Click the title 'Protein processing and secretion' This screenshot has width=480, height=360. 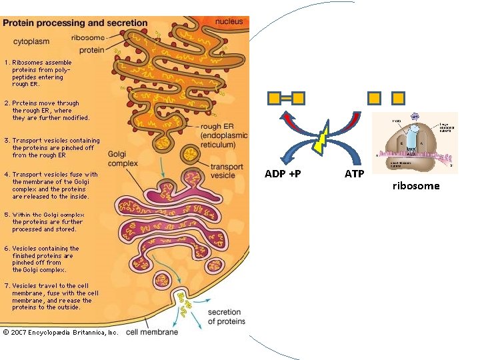75,23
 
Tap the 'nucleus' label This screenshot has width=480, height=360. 229,21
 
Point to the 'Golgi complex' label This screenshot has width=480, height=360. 122,159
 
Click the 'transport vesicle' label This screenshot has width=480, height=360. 227,171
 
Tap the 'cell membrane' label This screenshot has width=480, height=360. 152,332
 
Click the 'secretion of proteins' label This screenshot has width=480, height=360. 226,317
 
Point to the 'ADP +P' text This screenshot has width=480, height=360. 282,174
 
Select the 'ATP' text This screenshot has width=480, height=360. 354,174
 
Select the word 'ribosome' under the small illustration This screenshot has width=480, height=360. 415,186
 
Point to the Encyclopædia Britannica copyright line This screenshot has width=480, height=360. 61,332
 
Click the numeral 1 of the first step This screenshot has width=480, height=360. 7,63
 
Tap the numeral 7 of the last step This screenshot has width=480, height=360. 7,286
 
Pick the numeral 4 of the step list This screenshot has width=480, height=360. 7,175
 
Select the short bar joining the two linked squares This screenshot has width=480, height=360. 285,98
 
